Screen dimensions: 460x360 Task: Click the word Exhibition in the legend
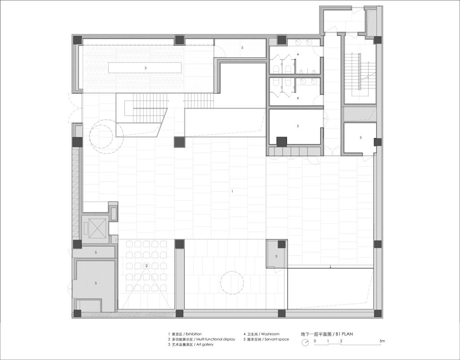point(194,334)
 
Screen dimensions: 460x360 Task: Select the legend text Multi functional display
point(216,339)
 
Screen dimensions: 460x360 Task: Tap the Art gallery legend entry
point(205,345)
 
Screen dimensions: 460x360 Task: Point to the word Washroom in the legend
point(270,334)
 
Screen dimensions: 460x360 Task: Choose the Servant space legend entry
point(277,339)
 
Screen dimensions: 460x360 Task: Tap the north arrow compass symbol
point(305,342)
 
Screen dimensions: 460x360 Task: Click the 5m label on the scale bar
point(382,341)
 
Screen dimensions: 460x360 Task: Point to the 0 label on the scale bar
point(315,341)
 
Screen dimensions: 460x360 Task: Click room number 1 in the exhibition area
point(232,191)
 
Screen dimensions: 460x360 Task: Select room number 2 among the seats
point(146,266)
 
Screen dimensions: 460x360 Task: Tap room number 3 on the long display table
point(146,68)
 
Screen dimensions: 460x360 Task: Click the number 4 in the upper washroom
point(298,54)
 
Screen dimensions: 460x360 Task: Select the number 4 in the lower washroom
point(298,98)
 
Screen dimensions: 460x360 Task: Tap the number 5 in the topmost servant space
point(242,47)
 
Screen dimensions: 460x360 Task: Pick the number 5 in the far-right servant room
point(361,137)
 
